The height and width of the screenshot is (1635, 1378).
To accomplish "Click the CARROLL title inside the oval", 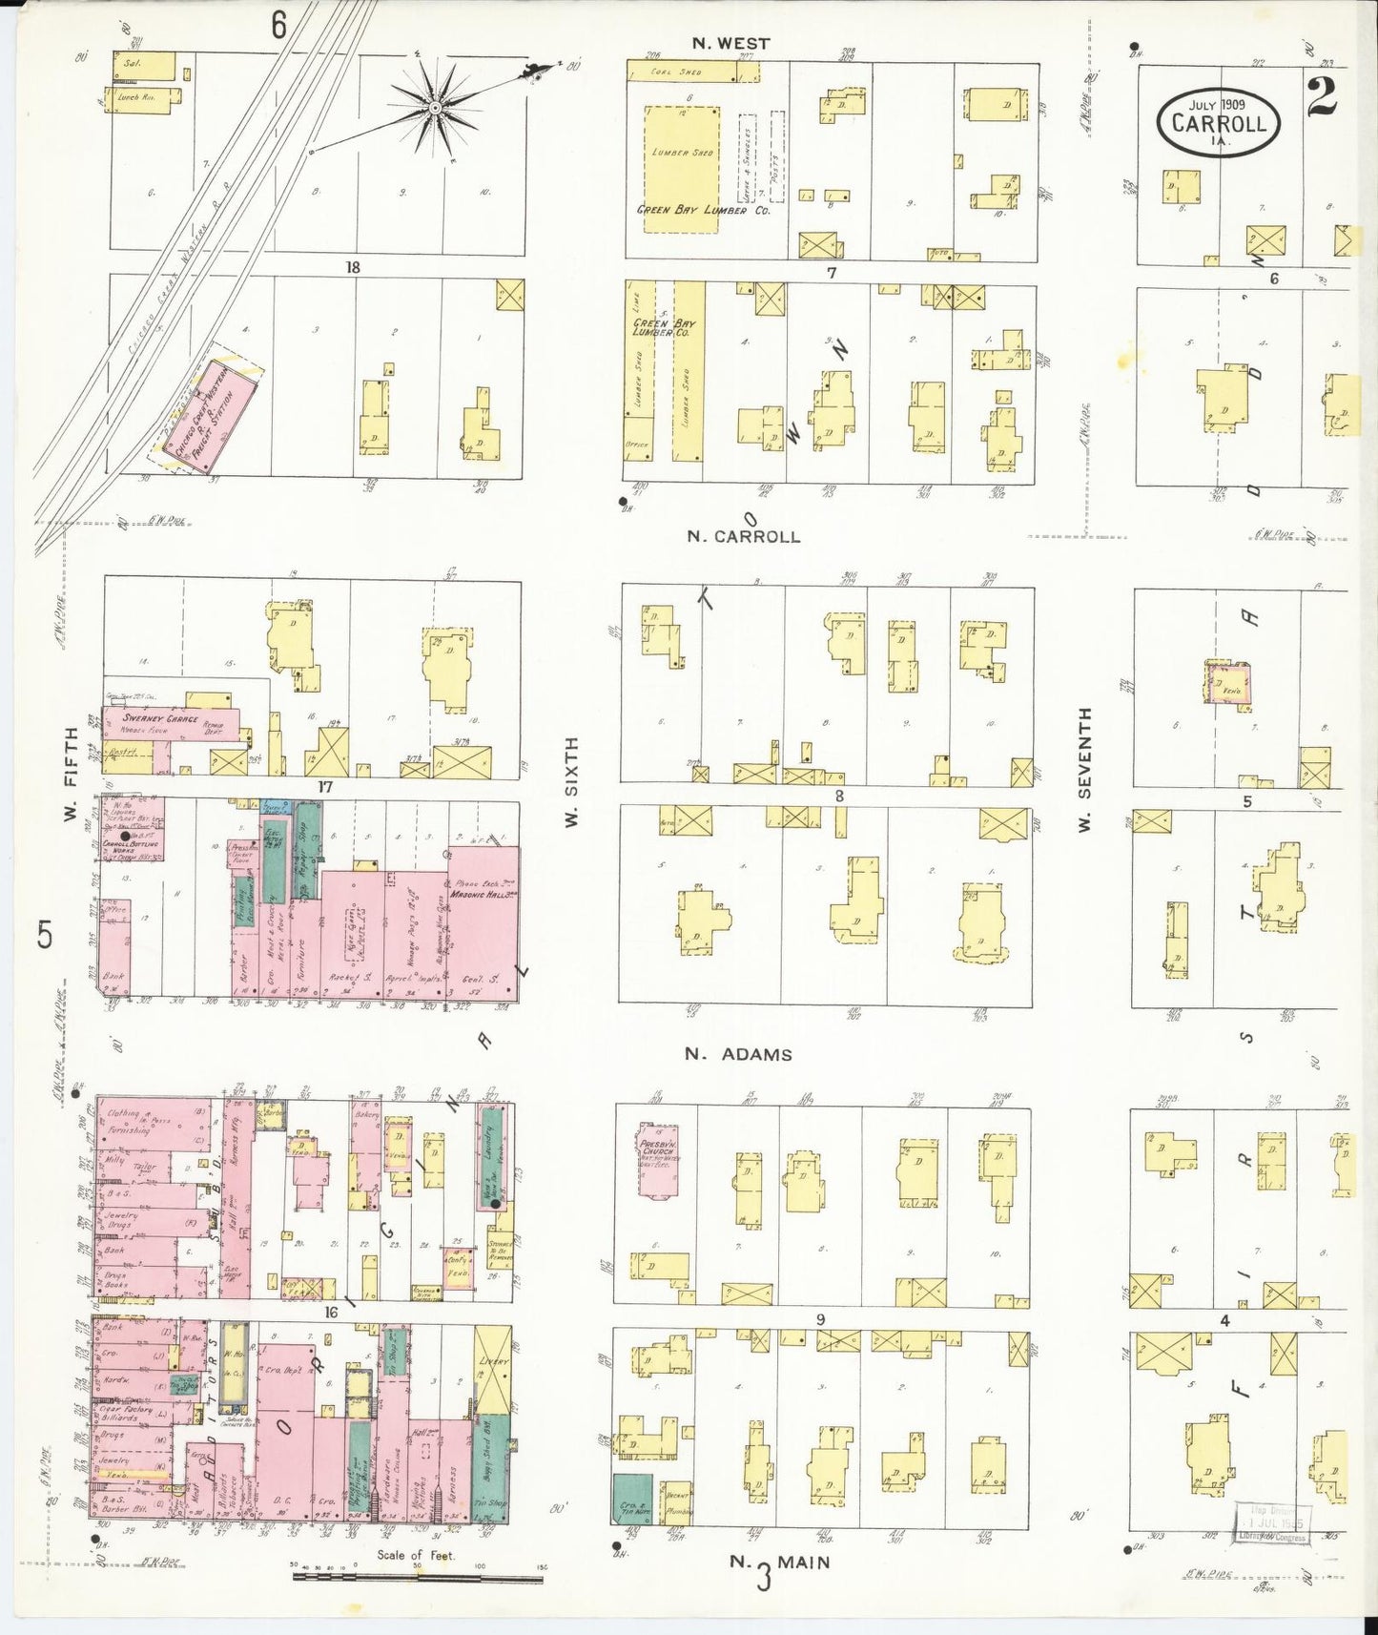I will tap(1219, 123).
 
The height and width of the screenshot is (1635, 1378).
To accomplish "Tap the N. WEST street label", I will tap(731, 43).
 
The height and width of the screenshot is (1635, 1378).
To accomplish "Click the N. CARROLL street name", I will tap(744, 536).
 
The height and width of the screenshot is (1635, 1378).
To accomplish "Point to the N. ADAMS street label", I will tap(738, 1054).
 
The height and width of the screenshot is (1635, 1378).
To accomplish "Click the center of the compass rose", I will tap(435, 107).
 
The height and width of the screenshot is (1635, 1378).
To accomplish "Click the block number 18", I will tap(353, 268).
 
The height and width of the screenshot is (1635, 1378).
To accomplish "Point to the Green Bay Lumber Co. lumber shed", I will tap(683, 170).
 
